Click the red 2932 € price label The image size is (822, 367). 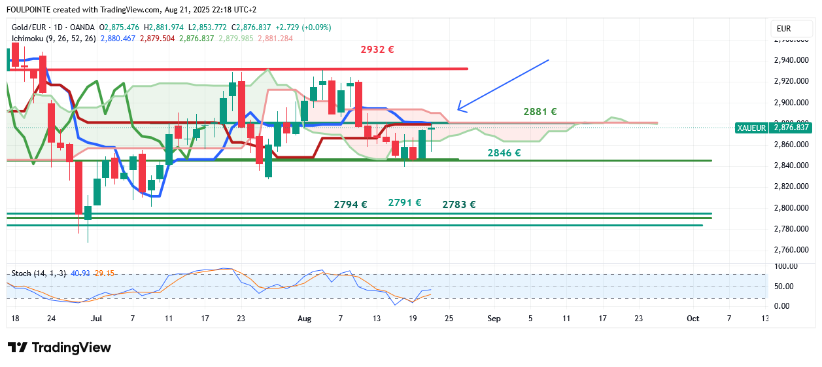click(x=377, y=49)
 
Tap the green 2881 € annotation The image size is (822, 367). click(x=540, y=112)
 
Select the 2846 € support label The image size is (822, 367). click(x=504, y=153)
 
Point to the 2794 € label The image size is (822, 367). click(x=351, y=204)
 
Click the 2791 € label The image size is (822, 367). click(x=405, y=203)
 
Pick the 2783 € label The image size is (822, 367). click(x=459, y=204)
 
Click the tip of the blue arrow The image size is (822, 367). click(x=458, y=109)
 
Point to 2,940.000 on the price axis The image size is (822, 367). click(x=792, y=60)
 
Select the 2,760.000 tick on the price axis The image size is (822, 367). click(x=792, y=250)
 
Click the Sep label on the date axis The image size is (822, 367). click(x=494, y=319)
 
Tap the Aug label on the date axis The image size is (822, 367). click(x=304, y=319)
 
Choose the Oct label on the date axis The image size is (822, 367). click(x=693, y=319)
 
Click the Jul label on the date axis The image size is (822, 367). click(x=96, y=319)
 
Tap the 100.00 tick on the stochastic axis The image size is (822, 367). click(x=785, y=266)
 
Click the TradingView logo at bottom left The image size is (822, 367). click(x=60, y=347)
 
